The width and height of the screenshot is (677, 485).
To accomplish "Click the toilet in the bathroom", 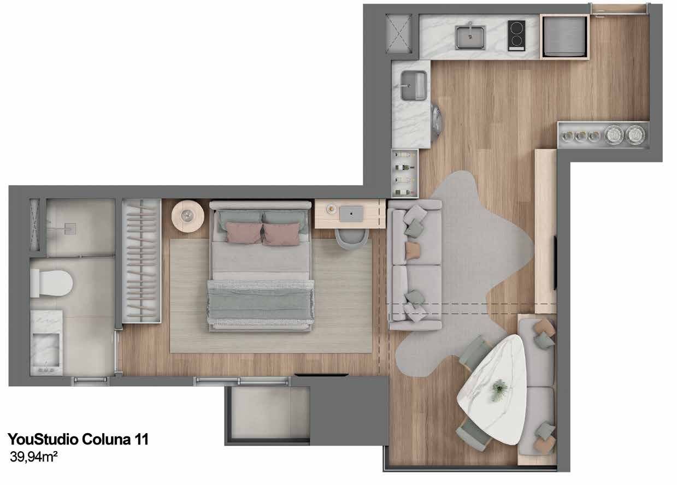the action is [x=51, y=283].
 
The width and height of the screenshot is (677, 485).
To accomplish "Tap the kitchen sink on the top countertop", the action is [x=470, y=38].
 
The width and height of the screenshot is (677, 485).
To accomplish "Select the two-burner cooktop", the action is [x=516, y=36].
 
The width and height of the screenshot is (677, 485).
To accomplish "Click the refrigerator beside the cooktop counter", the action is [x=564, y=37].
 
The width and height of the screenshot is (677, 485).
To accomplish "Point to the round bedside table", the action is [x=187, y=216].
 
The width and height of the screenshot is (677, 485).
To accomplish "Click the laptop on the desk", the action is [x=351, y=214].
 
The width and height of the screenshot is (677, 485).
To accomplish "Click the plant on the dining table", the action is [x=499, y=390].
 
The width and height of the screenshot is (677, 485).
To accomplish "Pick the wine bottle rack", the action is [x=405, y=173].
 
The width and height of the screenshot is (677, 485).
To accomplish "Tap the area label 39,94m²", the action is [x=34, y=457].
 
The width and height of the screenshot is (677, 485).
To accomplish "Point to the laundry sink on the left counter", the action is [x=414, y=86].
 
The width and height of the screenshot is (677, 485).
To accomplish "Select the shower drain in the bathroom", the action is [x=71, y=229].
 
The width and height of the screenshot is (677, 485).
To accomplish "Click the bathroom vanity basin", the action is [x=46, y=351].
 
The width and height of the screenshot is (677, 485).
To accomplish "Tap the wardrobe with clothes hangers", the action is [x=141, y=261].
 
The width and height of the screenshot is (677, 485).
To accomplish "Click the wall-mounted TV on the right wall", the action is [x=555, y=263].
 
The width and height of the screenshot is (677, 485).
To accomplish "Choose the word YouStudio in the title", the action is [x=43, y=439].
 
